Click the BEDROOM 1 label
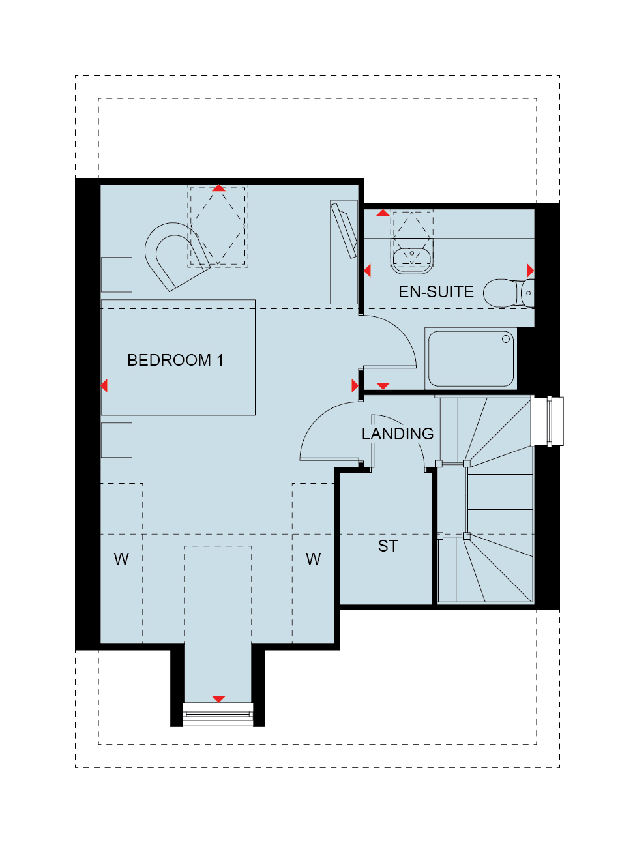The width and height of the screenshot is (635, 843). click(175, 360)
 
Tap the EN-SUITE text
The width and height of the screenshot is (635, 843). click(436, 291)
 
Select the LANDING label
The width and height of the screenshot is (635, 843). click(397, 434)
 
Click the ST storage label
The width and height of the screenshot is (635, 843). click(388, 546)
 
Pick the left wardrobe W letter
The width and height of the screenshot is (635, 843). click(121, 559)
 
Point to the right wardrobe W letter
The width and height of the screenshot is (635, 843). click(314, 559)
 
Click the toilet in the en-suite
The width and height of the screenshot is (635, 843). click(507, 293)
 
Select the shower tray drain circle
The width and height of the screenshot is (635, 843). click(506, 339)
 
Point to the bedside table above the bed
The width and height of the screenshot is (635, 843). click(116, 274)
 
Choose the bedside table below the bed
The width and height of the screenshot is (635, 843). click(116, 440)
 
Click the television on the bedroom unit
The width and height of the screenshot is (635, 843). click(344, 230)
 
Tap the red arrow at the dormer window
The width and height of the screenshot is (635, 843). click(218, 699)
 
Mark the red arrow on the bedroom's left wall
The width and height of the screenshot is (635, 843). click(104, 385)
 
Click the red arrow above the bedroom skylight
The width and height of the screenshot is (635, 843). click(218, 188)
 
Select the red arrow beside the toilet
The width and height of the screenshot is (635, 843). click(531, 271)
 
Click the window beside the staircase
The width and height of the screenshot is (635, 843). click(547, 421)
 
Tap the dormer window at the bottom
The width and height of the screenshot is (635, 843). click(218, 715)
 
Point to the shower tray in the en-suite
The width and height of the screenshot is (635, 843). click(471, 359)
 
